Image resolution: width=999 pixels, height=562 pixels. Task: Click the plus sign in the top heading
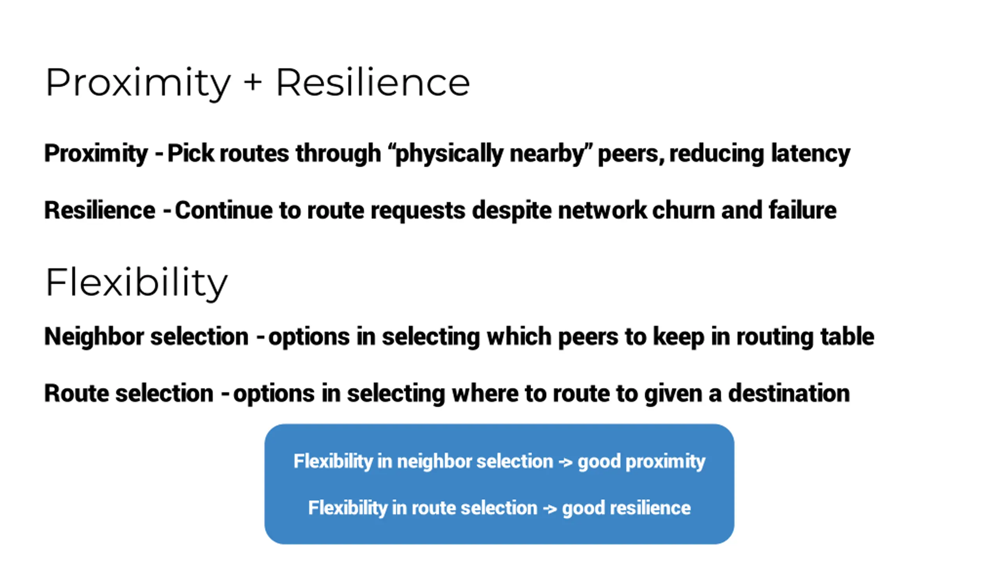click(x=253, y=83)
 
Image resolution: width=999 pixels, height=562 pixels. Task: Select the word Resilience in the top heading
click(x=373, y=83)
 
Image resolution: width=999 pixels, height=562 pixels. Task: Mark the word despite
click(x=511, y=210)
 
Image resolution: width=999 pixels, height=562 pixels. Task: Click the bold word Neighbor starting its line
click(x=94, y=336)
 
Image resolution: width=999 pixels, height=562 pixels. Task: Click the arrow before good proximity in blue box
click(x=565, y=462)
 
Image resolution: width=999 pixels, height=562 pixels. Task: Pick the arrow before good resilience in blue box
click(x=550, y=508)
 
